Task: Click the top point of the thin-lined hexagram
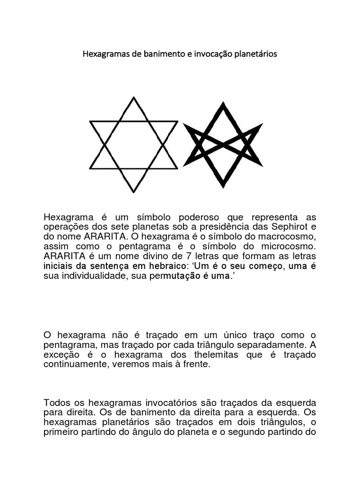click(x=134, y=97)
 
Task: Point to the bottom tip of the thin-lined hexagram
click(x=134, y=192)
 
